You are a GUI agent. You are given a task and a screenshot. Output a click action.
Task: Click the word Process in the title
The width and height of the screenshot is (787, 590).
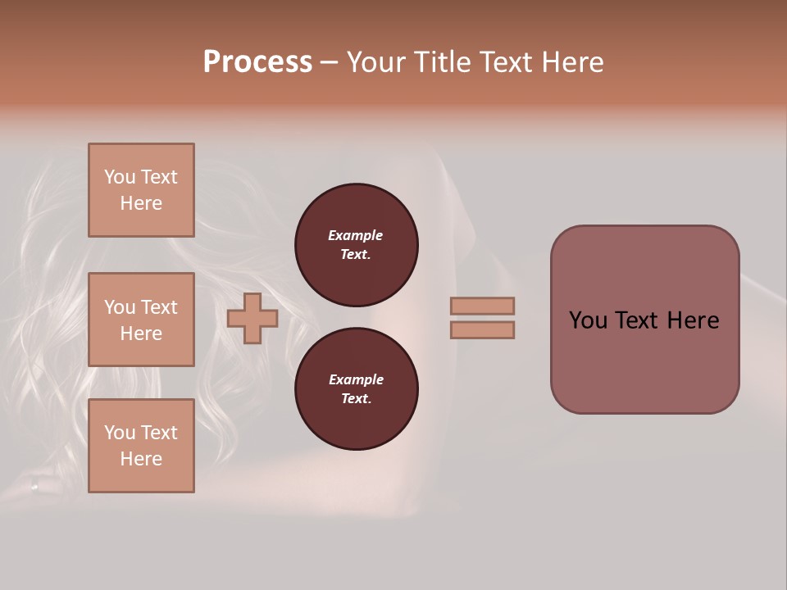tap(257, 62)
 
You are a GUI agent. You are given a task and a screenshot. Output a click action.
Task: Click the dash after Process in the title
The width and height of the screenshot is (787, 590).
tap(329, 63)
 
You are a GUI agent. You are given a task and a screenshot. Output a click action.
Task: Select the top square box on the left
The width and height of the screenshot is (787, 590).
tap(141, 190)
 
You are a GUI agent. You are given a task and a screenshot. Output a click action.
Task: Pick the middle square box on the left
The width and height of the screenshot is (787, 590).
tap(141, 320)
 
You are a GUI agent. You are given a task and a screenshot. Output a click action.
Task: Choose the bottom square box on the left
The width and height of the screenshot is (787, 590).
tap(141, 446)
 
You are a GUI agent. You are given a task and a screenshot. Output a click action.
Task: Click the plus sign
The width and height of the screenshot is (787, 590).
tap(252, 318)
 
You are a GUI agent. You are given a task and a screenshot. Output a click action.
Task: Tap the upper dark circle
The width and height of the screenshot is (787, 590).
tap(357, 245)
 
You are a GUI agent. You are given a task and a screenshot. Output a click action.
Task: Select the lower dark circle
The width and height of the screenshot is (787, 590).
tap(357, 389)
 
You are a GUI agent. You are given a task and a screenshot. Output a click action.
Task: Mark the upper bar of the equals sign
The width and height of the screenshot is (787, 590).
tap(482, 306)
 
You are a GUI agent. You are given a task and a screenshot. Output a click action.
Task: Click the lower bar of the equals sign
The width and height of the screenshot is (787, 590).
tap(482, 329)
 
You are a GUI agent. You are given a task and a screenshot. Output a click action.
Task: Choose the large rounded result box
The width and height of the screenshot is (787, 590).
tap(644, 320)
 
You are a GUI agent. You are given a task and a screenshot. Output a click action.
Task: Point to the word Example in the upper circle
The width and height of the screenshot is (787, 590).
tap(356, 235)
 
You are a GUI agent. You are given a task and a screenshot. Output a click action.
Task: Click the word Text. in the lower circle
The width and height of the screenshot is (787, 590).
tap(356, 399)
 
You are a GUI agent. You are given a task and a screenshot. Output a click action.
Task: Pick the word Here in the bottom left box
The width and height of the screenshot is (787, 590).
tap(141, 459)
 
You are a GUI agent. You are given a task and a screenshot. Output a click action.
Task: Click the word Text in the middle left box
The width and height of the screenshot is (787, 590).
tap(159, 307)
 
